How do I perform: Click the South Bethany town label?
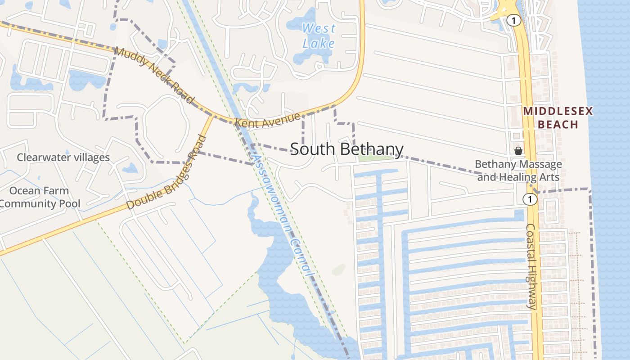click(x=346, y=149)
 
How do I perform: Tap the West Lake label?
click(x=319, y=36)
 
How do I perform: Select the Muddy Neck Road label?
click(x=154, y=75)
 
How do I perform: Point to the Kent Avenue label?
click(x=267, y=120)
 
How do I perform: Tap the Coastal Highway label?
click(x=531, y=266)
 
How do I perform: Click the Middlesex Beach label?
click(x=558, y=118)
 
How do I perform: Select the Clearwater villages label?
click(x=63, y=157)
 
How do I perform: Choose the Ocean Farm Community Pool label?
click(x=40, y=197)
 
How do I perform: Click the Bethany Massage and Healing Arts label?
click(x=518, y=171)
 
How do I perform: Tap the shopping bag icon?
click(x=518, y=150)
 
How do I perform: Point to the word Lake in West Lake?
click(x=319, y=43)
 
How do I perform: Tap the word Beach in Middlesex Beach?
click(x=558, y=124)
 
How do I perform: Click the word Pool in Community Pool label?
click(x=67, y=203)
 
